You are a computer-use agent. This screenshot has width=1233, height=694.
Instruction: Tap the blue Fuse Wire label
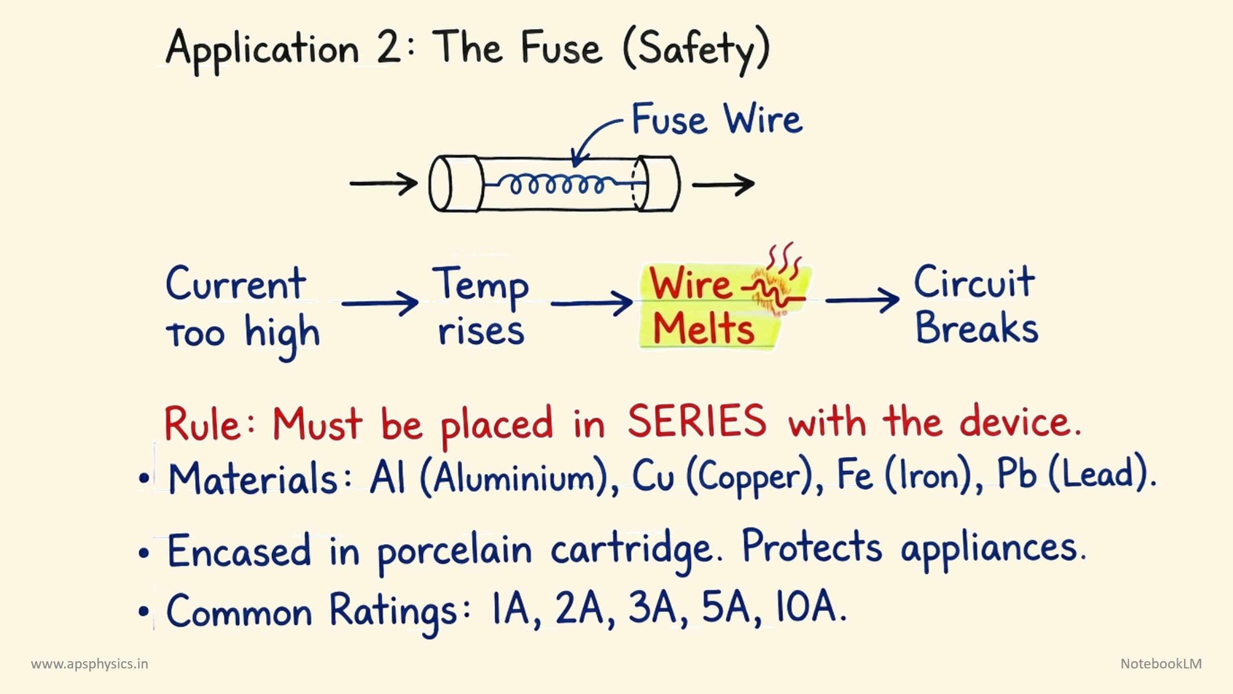(717, 119)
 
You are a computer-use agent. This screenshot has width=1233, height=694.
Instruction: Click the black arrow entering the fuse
(383, 184)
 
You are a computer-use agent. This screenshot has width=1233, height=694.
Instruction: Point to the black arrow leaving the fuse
(723, 184)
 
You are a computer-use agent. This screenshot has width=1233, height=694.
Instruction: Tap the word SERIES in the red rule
(696, 421)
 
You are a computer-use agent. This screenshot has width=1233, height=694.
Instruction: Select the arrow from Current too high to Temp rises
(380, 303)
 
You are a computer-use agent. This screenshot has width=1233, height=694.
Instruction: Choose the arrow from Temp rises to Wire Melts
(591, 303)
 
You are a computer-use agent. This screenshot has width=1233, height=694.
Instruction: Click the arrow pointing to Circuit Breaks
(862, 300)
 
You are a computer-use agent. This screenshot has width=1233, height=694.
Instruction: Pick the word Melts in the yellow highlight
(704, 329)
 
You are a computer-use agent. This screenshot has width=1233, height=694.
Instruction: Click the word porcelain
(454, 551)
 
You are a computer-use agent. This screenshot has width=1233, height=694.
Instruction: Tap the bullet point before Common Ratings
(144, 611)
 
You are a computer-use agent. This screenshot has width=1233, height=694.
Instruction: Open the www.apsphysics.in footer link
(90, 664)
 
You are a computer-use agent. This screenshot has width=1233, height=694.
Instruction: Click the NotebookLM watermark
(1161, 664)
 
